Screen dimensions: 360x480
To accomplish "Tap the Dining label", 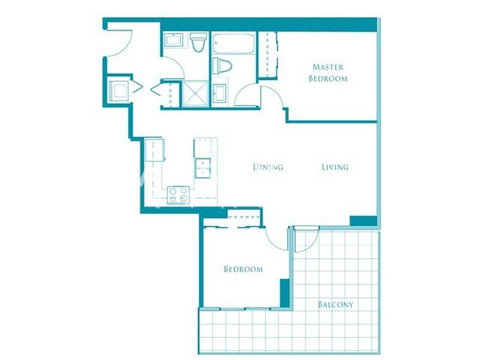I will pyautogui.click(x=268, y=166).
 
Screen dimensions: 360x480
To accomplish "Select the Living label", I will pyautogui.click(x=334, y=166).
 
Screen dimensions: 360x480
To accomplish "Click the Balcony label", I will pyautogui.click(x=335, y=304).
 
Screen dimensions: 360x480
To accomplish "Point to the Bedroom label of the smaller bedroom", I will pyautogui.click(x=243, y=269).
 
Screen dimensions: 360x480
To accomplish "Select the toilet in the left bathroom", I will pyautogui.click(x=198, y=43).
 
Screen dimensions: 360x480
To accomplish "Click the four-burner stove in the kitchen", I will pyautogui.click(x=178, y=195).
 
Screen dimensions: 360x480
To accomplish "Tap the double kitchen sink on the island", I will pyautogui.click(x=203, y=166).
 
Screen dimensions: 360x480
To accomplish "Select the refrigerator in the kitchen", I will pyautogui.click(x=154, y=149).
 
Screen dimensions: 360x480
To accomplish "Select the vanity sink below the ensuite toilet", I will pyautogui.click(x=220, y=93).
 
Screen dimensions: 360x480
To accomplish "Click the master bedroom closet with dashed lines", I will pyautogui.click(x=268, y=55).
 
